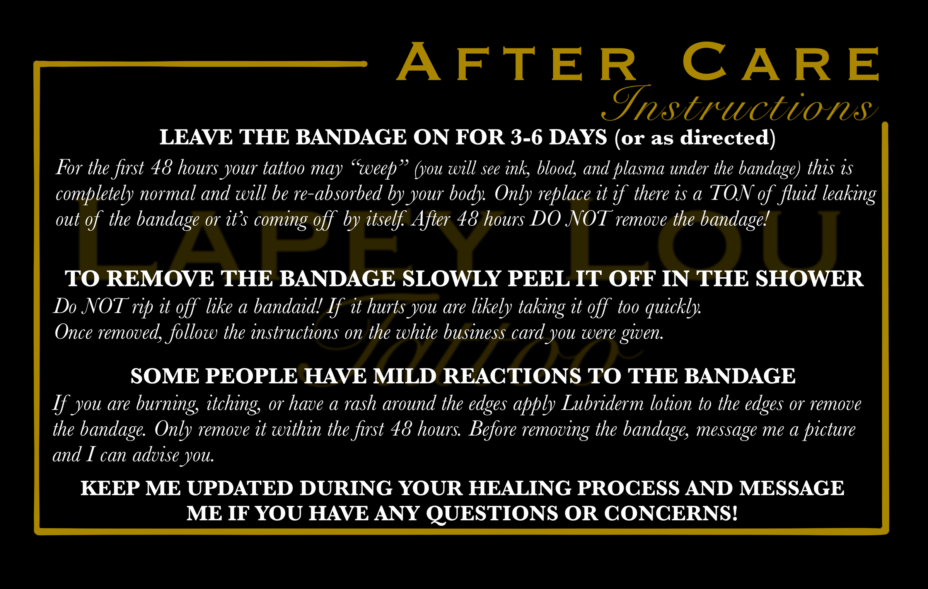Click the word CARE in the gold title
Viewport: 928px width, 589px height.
pyautogui.click(x=780, y=63)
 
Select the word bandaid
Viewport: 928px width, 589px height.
pyautogui.click(x=288, y=307)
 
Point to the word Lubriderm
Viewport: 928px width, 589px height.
pyautogui.click(x=602, y=404)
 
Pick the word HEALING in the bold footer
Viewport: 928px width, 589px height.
pyautogui.click(x=520, y=488)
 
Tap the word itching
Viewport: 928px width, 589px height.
pyautogui.click(x=234, y=404)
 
